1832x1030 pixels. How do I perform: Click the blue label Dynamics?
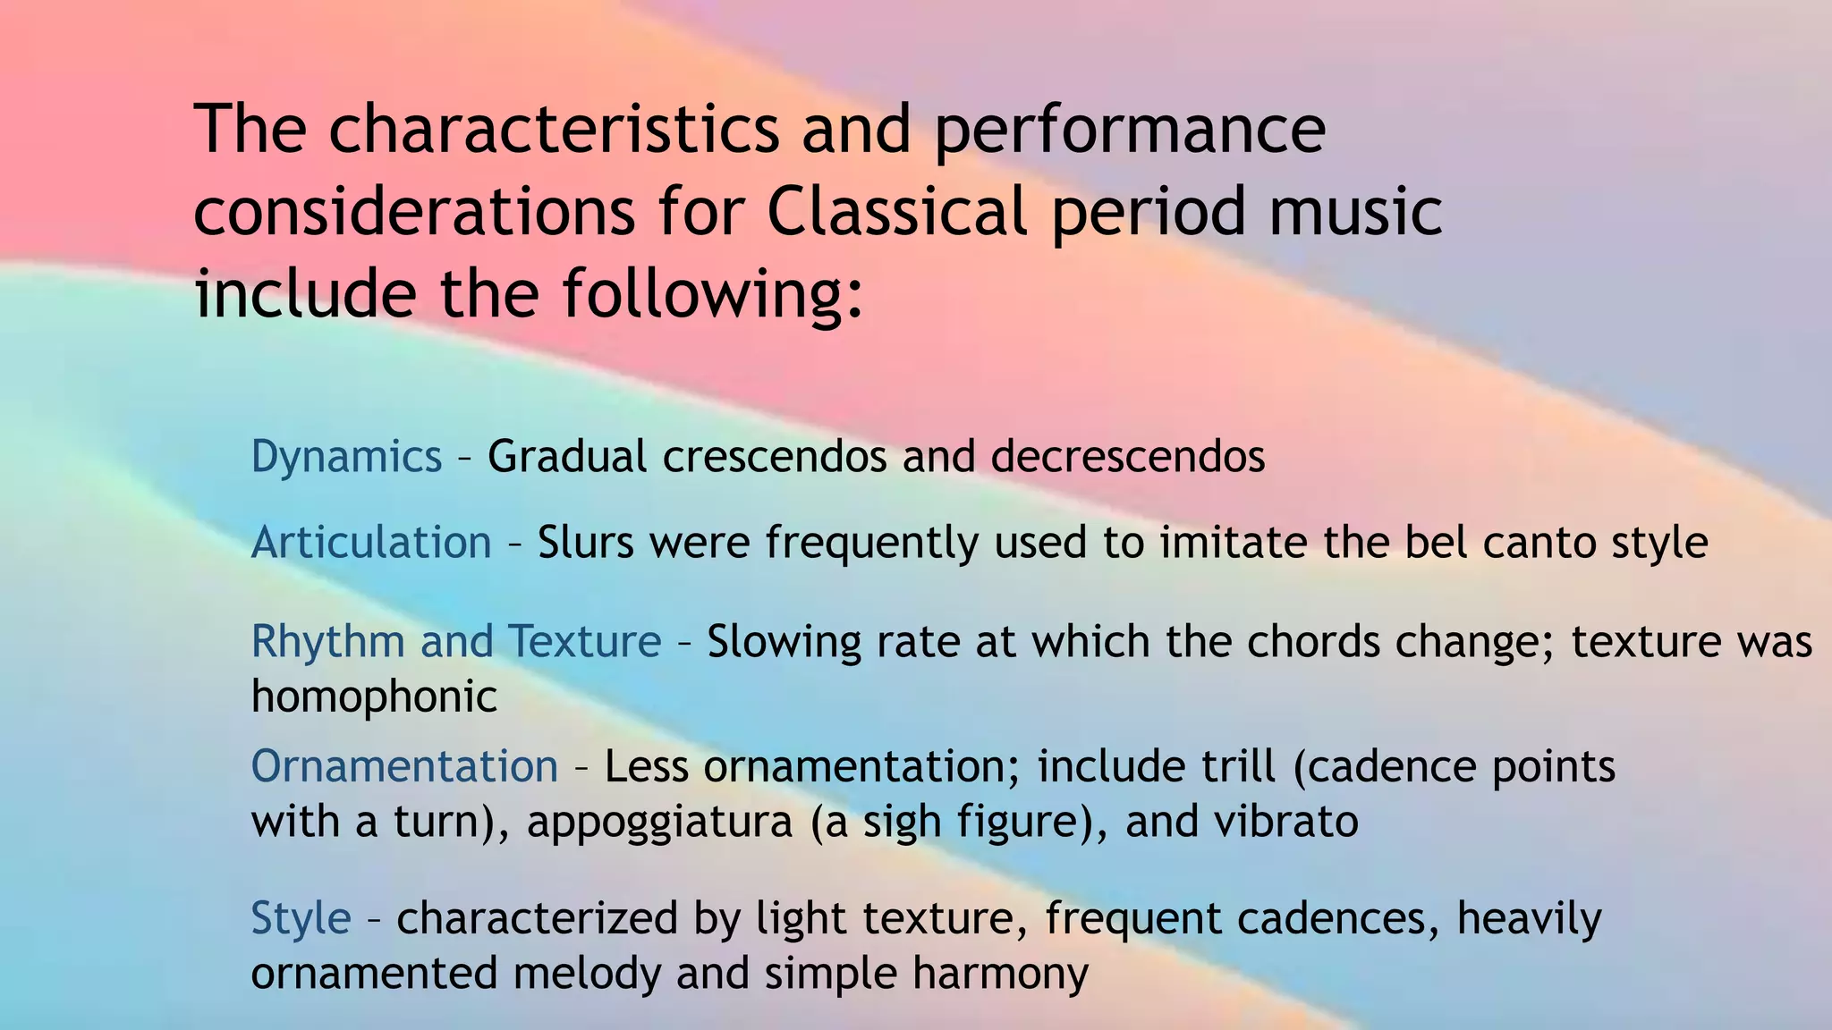(346, 457)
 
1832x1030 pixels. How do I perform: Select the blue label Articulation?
(371, 543)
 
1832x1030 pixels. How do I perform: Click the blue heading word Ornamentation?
(404, 766)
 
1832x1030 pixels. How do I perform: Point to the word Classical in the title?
(896, 212)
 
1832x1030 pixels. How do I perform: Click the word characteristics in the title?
(554, 129)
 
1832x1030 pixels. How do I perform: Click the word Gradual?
(567, 456)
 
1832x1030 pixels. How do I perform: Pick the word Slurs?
(585, 543)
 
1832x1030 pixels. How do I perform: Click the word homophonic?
(374, 697)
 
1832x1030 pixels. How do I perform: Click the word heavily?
(1529, 919)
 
